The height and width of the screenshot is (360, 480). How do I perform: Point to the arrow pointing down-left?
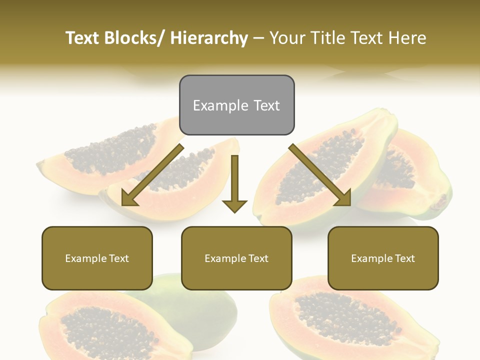point(152,175)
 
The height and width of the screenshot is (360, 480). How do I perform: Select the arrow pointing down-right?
point(320,175)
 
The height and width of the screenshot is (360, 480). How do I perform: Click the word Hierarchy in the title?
point(208,38)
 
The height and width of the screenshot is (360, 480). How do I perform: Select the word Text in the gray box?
point(266,105)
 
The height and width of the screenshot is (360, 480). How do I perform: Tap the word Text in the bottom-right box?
point(405,258)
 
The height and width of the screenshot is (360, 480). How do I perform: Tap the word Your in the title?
point(286,38)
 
